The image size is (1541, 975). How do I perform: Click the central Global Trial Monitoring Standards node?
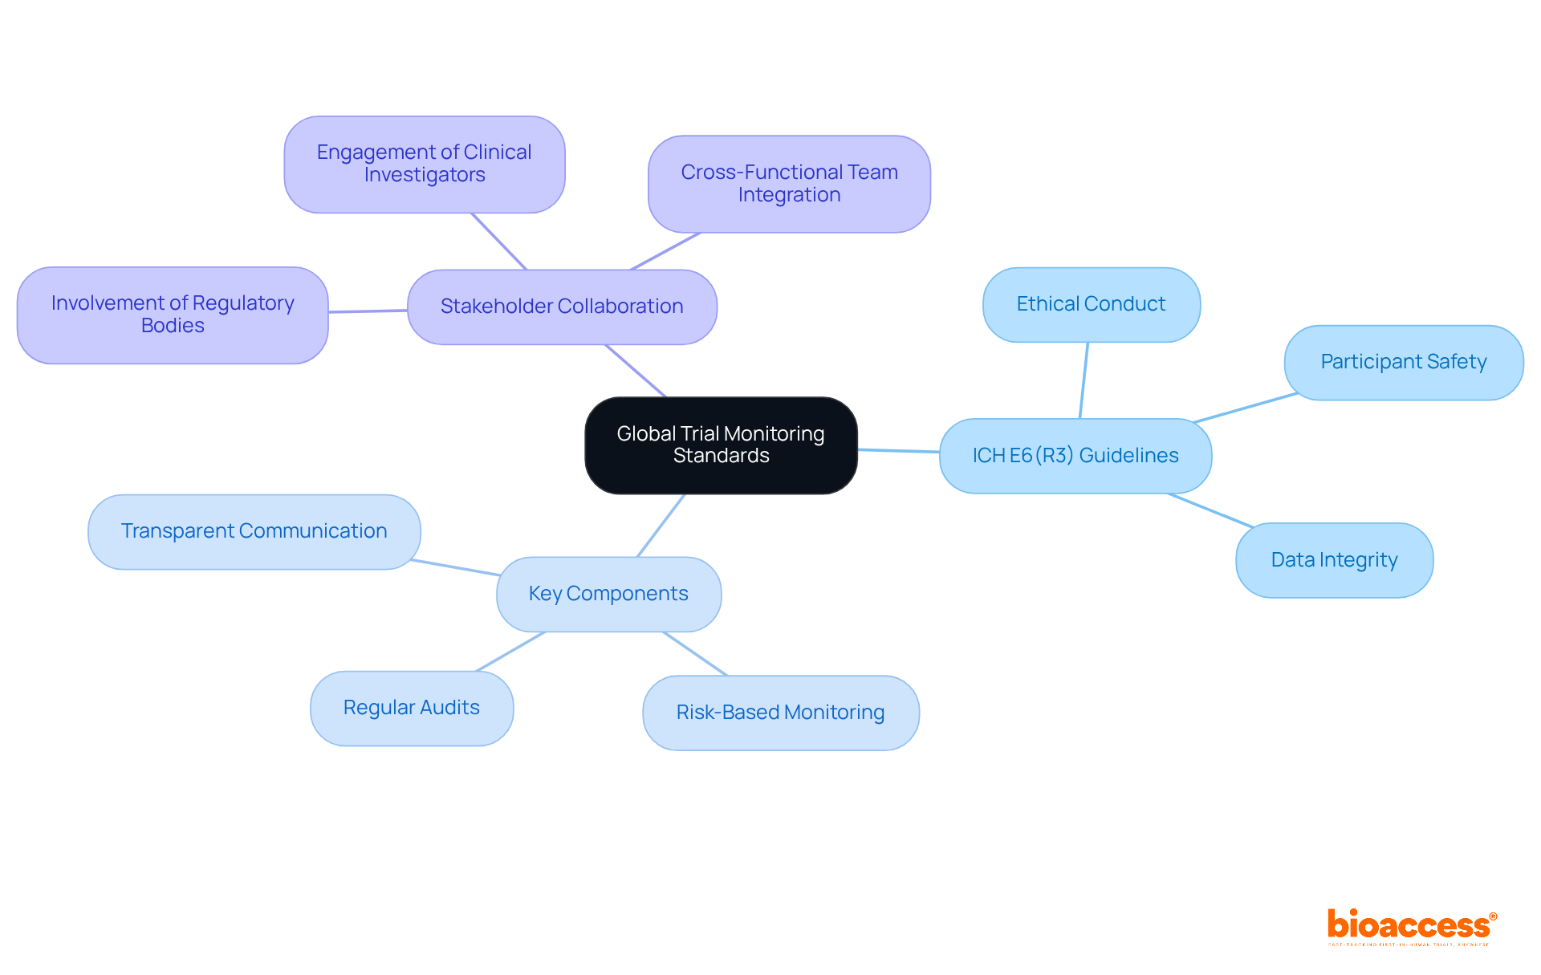pos(721,445)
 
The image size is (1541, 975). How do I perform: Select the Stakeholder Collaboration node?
pos(562,307)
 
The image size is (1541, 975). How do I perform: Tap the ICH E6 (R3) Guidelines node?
pos(1075,456)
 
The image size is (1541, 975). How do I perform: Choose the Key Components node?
pos(608,594)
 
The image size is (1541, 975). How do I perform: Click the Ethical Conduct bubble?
pos(1091,304)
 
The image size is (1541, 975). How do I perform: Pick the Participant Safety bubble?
pos(1403,362)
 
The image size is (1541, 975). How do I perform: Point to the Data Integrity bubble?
pos(1334,560)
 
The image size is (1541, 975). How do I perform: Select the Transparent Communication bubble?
pos(254,531)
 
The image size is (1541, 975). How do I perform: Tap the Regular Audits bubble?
pos(411,708)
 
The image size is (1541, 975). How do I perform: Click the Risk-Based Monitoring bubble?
pos(780,713)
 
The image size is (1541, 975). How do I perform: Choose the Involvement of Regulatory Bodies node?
pos(173,315)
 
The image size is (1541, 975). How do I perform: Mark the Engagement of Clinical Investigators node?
pos(424,164)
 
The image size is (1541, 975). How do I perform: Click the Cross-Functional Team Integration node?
pos(789,184)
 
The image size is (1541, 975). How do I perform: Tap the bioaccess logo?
pos(1411,926)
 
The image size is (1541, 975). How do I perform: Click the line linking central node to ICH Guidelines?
pos(898,451)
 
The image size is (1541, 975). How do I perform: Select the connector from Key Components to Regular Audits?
pos(510,652)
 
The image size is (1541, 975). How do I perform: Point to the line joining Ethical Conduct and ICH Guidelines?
pos(1084,380)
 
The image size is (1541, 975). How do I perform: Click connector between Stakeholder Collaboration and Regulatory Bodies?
pos(368,311)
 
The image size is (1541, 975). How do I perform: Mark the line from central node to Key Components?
pos(661,526)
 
